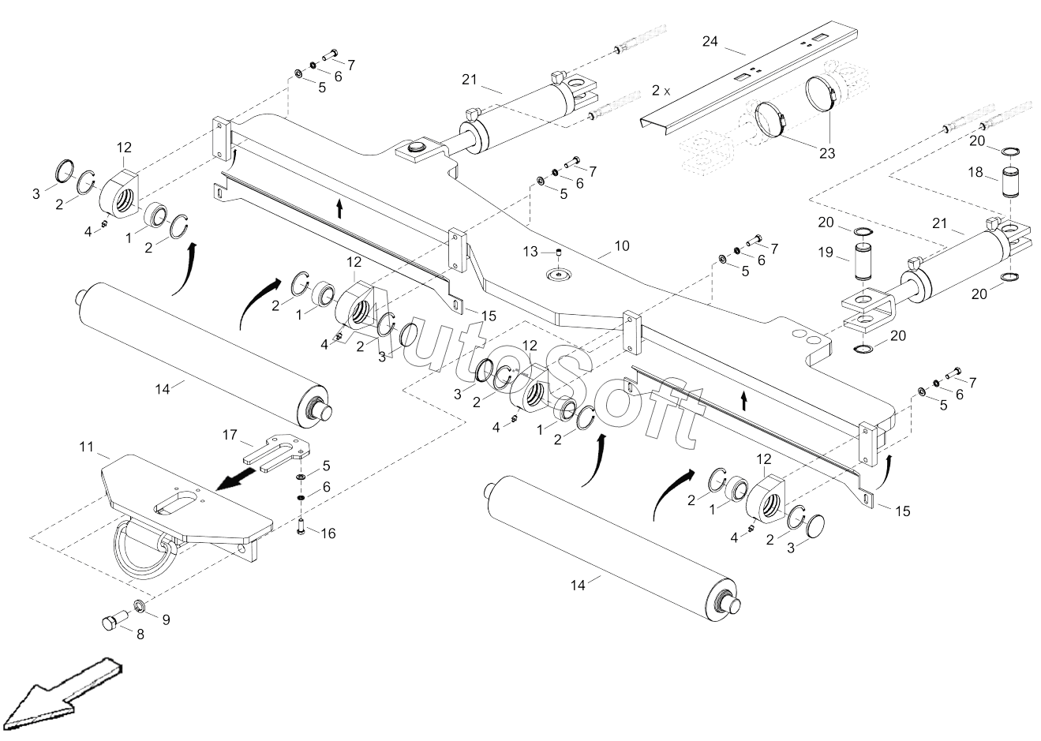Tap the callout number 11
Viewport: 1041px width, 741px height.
tap(87, 447)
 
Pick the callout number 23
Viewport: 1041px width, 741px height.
tap(826, 154)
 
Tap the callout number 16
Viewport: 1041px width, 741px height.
tap(327, 533)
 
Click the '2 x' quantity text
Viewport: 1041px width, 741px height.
tap(661, 92)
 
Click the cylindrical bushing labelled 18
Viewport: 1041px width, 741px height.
tap(1012, 182)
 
